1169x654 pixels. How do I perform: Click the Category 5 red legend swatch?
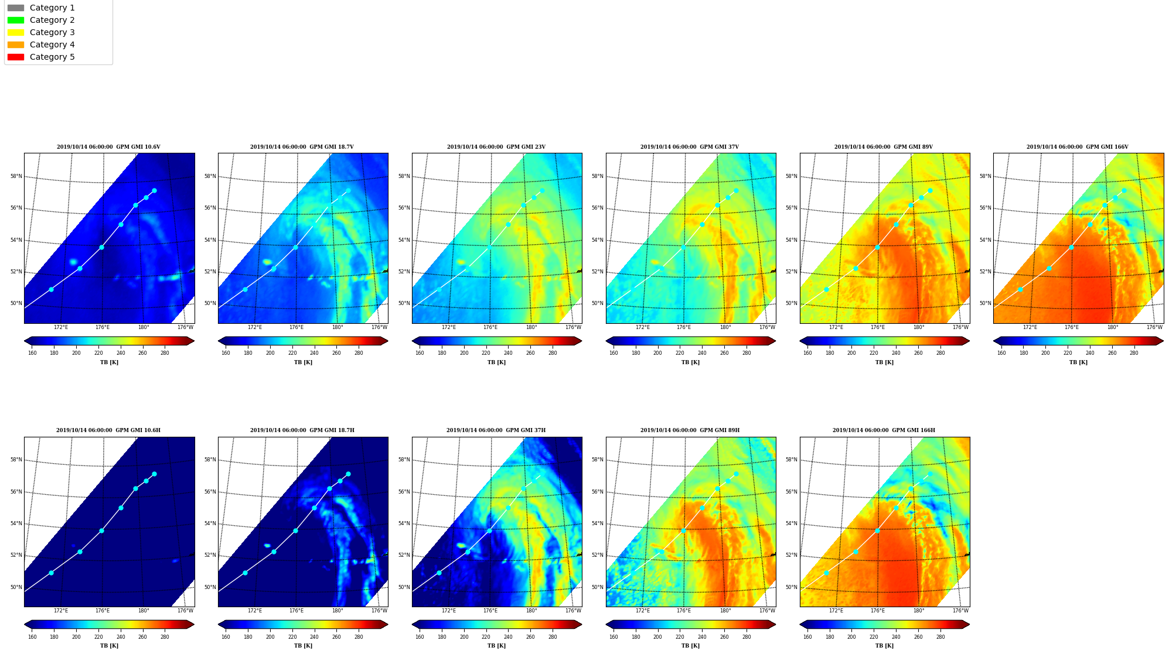[16, 57]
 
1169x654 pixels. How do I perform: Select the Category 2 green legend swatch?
[16, 20]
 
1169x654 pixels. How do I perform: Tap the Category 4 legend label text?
[52, 44]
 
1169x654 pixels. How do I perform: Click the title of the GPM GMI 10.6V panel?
[108, 147]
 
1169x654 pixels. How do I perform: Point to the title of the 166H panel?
[884, 430]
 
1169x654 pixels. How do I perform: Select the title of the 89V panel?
[884, 147]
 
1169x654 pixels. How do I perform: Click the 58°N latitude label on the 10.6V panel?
[16, 176]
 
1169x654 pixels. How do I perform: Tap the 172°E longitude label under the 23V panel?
[449, 327]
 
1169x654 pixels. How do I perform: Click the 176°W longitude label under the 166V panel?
[1154, 327]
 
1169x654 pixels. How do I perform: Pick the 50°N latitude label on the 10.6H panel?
[16, 587]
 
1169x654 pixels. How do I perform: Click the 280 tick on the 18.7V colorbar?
[359, 353]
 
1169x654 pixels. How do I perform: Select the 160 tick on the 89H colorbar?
[614, 637]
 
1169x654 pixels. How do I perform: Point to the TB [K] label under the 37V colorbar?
[690, 362]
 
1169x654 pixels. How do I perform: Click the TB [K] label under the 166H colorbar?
[884, 646]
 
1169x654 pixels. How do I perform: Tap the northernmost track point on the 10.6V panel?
[154, 190]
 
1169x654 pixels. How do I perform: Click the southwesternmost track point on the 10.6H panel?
[51, 573]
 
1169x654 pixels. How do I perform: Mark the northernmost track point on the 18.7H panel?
[348, 474]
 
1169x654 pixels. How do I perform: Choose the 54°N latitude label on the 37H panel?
[404, 523]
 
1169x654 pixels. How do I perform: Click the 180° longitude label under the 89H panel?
[725, 611]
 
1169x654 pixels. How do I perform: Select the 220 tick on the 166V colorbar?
[1068, 353]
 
